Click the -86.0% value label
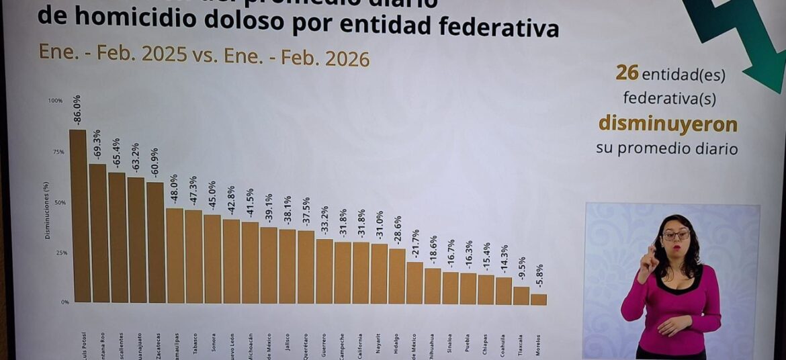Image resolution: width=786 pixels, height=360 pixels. coord(77,111)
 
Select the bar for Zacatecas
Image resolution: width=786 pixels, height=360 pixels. coord(155,242)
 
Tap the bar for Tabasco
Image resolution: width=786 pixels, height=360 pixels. coord(193,256)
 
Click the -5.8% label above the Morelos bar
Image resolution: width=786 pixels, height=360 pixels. coord(539,275)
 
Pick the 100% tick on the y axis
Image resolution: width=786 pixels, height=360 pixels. coord(55,101)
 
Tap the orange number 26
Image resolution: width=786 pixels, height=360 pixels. coord(627,74)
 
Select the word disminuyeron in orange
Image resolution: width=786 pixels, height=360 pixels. coord(668,124)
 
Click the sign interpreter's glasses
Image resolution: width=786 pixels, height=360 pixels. coord(676,235)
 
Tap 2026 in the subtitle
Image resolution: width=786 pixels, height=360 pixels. coord(347,58)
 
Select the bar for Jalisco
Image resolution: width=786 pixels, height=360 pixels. coord(287,266)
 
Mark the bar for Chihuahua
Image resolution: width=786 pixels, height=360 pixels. coord(433,285)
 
